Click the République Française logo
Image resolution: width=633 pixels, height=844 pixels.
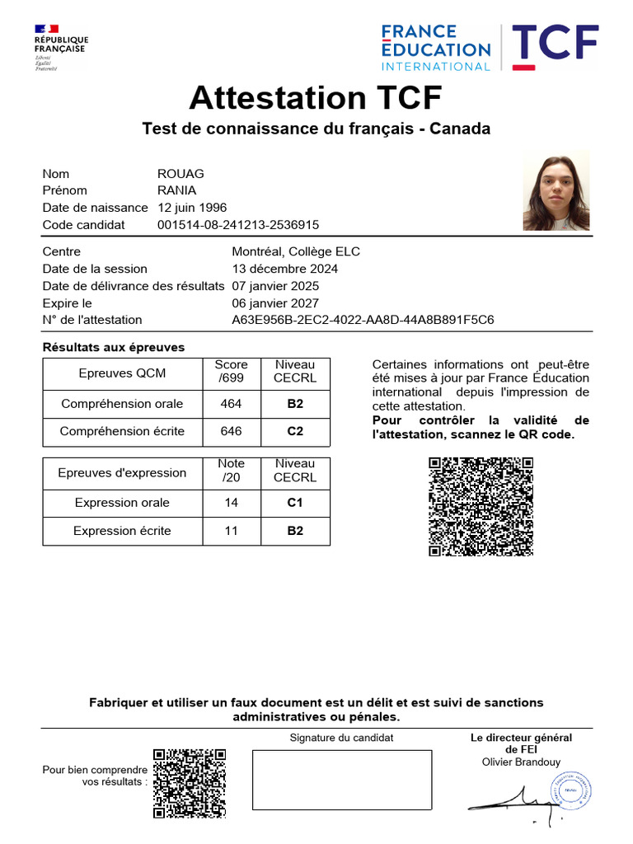(60, 47)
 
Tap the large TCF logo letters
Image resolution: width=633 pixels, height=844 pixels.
(555, 48)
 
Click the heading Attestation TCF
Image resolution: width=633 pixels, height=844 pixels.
(316, 98)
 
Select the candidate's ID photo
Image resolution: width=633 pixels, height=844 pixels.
(556, 191)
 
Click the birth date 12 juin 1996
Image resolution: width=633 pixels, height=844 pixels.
(192, 208)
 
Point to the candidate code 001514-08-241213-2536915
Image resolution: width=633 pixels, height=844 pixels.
(237, 225)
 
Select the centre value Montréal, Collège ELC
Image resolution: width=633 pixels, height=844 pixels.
(296, 251)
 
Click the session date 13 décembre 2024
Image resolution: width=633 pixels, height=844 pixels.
(284, 269)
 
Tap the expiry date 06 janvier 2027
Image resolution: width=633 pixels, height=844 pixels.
(275, 303)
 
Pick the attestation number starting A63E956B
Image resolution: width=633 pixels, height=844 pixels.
(363, 320)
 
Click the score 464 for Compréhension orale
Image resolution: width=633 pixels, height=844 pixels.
(231, 404)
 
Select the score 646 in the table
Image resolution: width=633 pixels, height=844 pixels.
(231, 431)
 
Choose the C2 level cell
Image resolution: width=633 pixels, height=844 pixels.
(295, 431)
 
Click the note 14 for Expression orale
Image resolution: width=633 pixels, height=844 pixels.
(231, 503)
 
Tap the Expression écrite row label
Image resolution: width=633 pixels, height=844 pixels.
(122, 531)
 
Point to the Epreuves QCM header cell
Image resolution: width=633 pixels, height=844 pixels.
(122, 373)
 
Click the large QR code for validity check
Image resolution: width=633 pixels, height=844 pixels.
(481, 507)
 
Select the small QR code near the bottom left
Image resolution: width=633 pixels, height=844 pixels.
(190, 782)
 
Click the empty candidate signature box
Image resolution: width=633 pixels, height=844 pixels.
(341, 780)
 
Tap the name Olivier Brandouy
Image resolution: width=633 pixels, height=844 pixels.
(521, 762)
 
